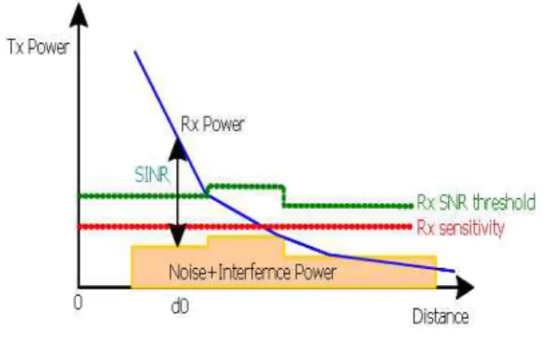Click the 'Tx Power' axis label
tap(38, 46)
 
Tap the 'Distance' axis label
tap(440, 317)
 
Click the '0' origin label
tap(78, 303)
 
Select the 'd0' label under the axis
tap(180, 306)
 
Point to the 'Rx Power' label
tap(213, 124)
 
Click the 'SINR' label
tap(152, 174)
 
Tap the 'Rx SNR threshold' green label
tap(476, 203)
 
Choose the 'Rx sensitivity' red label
tap(460, 229)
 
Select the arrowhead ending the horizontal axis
tap(465, 288)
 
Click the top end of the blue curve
tap(135, 51)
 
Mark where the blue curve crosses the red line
tap(264, 227)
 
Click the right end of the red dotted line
tap(411, 227)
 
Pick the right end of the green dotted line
tap(411, 206)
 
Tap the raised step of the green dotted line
tap(246, 187)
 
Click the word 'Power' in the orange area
tap(315, 272)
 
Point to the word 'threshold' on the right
tap(505, 202)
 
